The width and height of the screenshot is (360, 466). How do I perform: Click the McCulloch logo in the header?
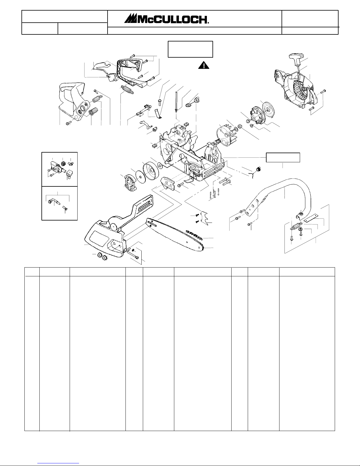[167, 19]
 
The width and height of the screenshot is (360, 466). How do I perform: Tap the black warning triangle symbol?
[204, 65]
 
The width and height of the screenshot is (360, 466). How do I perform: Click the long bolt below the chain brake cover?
[133, 255]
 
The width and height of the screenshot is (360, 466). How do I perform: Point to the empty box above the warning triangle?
[190, 49]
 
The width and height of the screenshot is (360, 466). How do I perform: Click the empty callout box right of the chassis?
[283, 157]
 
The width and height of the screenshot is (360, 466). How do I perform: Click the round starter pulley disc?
[268, 110]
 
